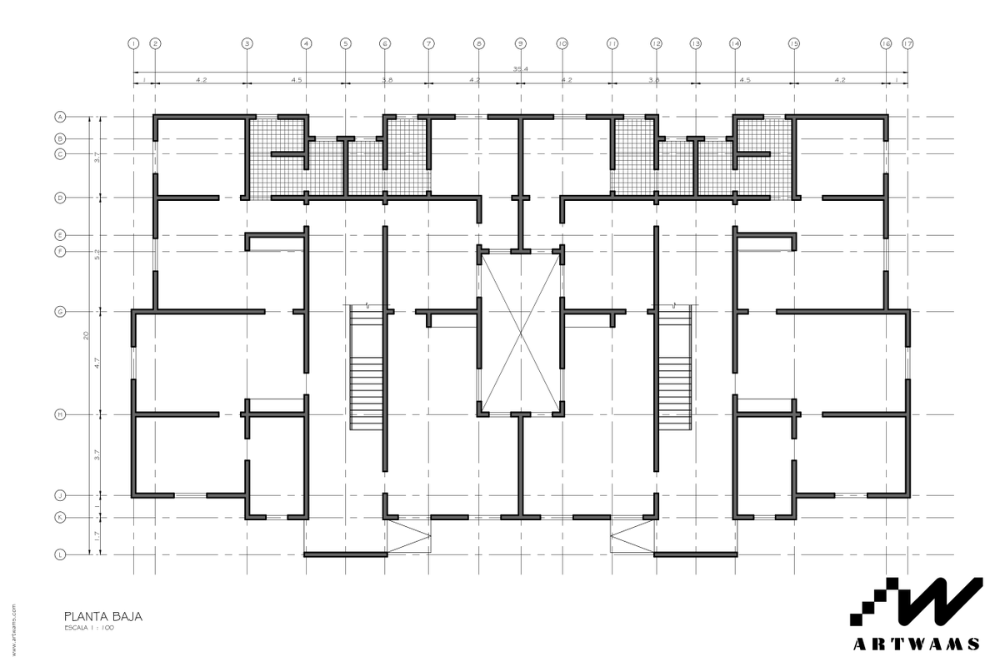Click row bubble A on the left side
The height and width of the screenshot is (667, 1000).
pyautogui.click(x=60, y=117)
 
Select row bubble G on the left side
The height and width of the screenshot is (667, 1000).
pyautogui.click(x=60, y=312)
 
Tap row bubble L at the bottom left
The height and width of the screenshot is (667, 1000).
pyautogui.click(x=60, y=554)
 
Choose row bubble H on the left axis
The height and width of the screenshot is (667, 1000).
pyautogui.click(x=60, y=414)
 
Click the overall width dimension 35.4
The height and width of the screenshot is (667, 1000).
pyautogui.click(x=520, y=69)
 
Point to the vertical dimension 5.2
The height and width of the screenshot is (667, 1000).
pyautogui.click(x=97, y=254)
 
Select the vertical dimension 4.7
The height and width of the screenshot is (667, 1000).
pyautogui.click(x=97, y=363)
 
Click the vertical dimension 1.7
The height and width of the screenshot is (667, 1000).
pyautogui.click(x=97, y=536)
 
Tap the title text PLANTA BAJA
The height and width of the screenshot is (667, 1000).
pyautogui.click(x=103, y=616)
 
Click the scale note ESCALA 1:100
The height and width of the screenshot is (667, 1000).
pyautogui.click(x=88, y=628)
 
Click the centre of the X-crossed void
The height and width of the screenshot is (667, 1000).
pyautogui.click(x=521, y=333)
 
